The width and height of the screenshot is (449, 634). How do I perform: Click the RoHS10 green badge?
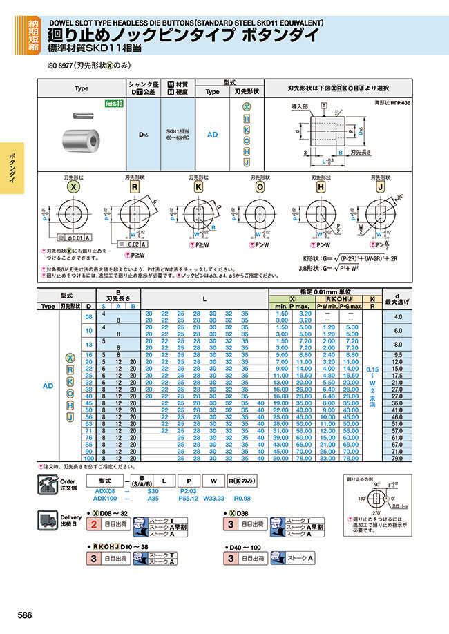click(113, 104)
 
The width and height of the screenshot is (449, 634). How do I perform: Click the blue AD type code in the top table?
click(212, 135)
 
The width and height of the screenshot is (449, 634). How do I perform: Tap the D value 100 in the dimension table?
click(88, 459)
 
